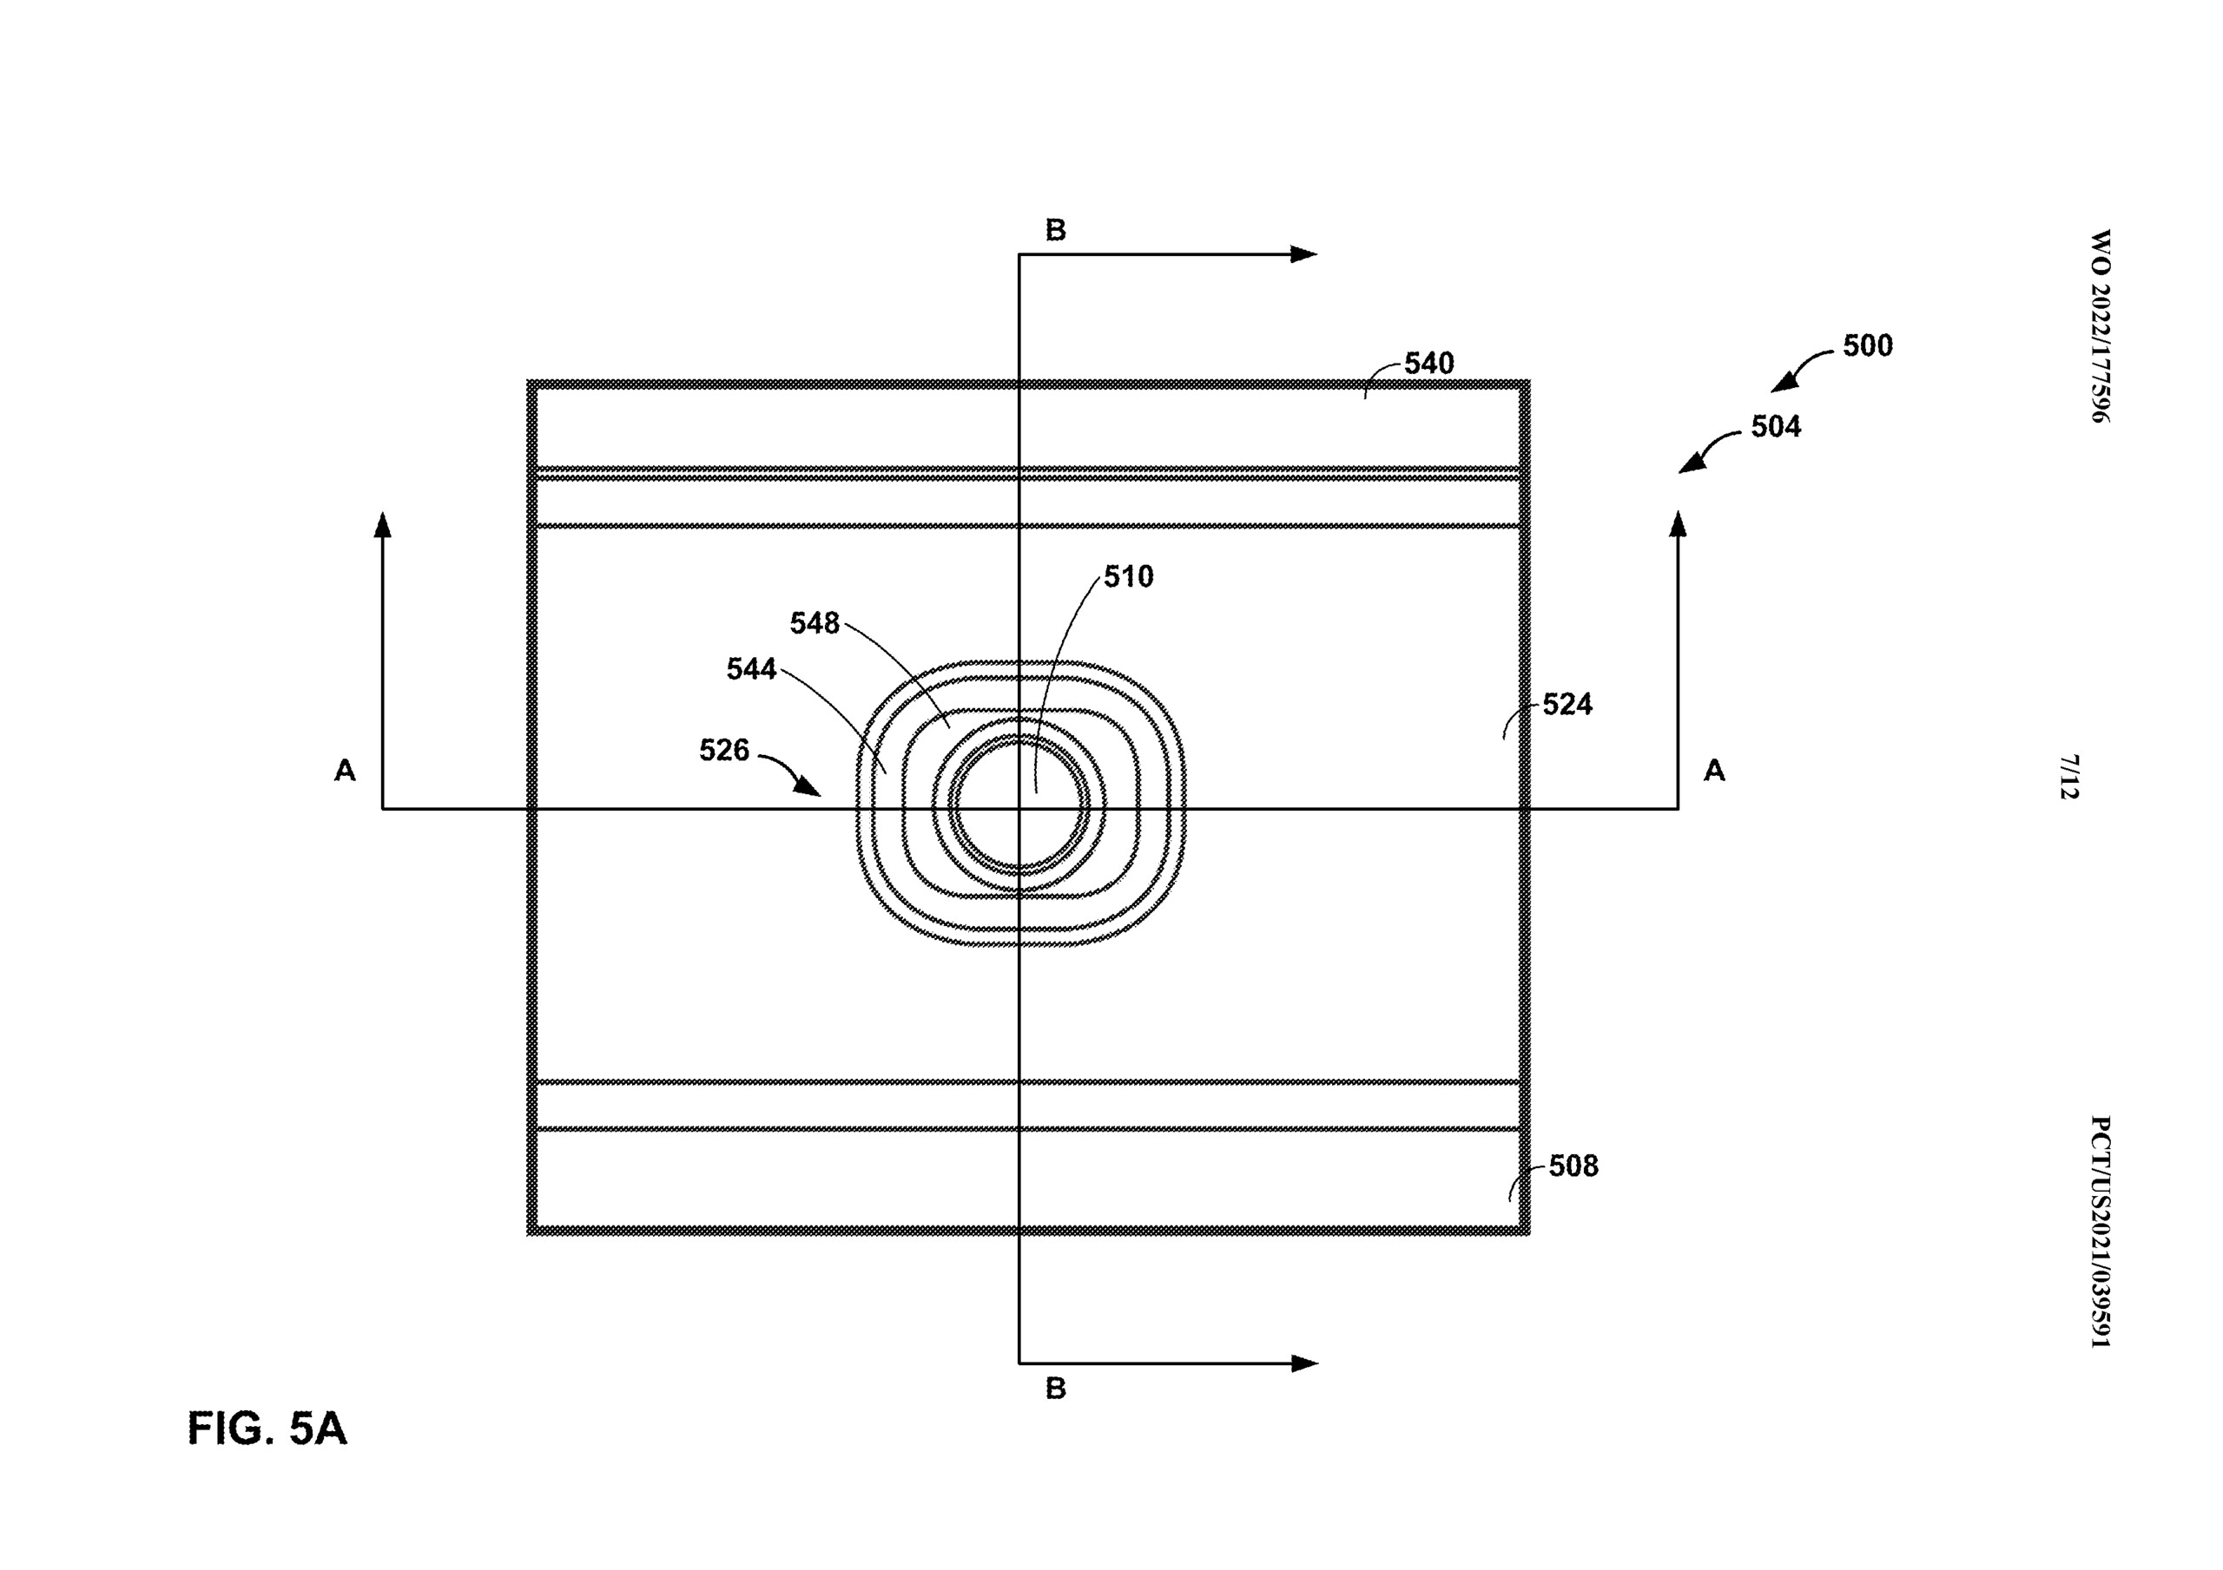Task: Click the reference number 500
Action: click(1867, 345)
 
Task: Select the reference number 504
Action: click(1776, 427)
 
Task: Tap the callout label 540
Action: click(1429, 363)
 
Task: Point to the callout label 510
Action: click(1128, 577)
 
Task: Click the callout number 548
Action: click(815, 623)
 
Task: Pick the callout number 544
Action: click(751, 669)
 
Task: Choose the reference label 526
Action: click(724, 750)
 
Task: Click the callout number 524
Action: click(1567, 705)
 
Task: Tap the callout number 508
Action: click(1573, 1166)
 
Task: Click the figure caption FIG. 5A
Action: click(267, 1429)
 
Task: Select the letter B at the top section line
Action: click(1055, 230)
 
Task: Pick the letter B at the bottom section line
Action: click(1055, 1388)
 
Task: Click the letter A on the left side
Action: click(345, 771)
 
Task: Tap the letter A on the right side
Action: click(1714, 771)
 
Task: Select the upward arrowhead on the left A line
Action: click(384, 524)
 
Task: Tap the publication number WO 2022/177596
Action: click(2098, 326)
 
